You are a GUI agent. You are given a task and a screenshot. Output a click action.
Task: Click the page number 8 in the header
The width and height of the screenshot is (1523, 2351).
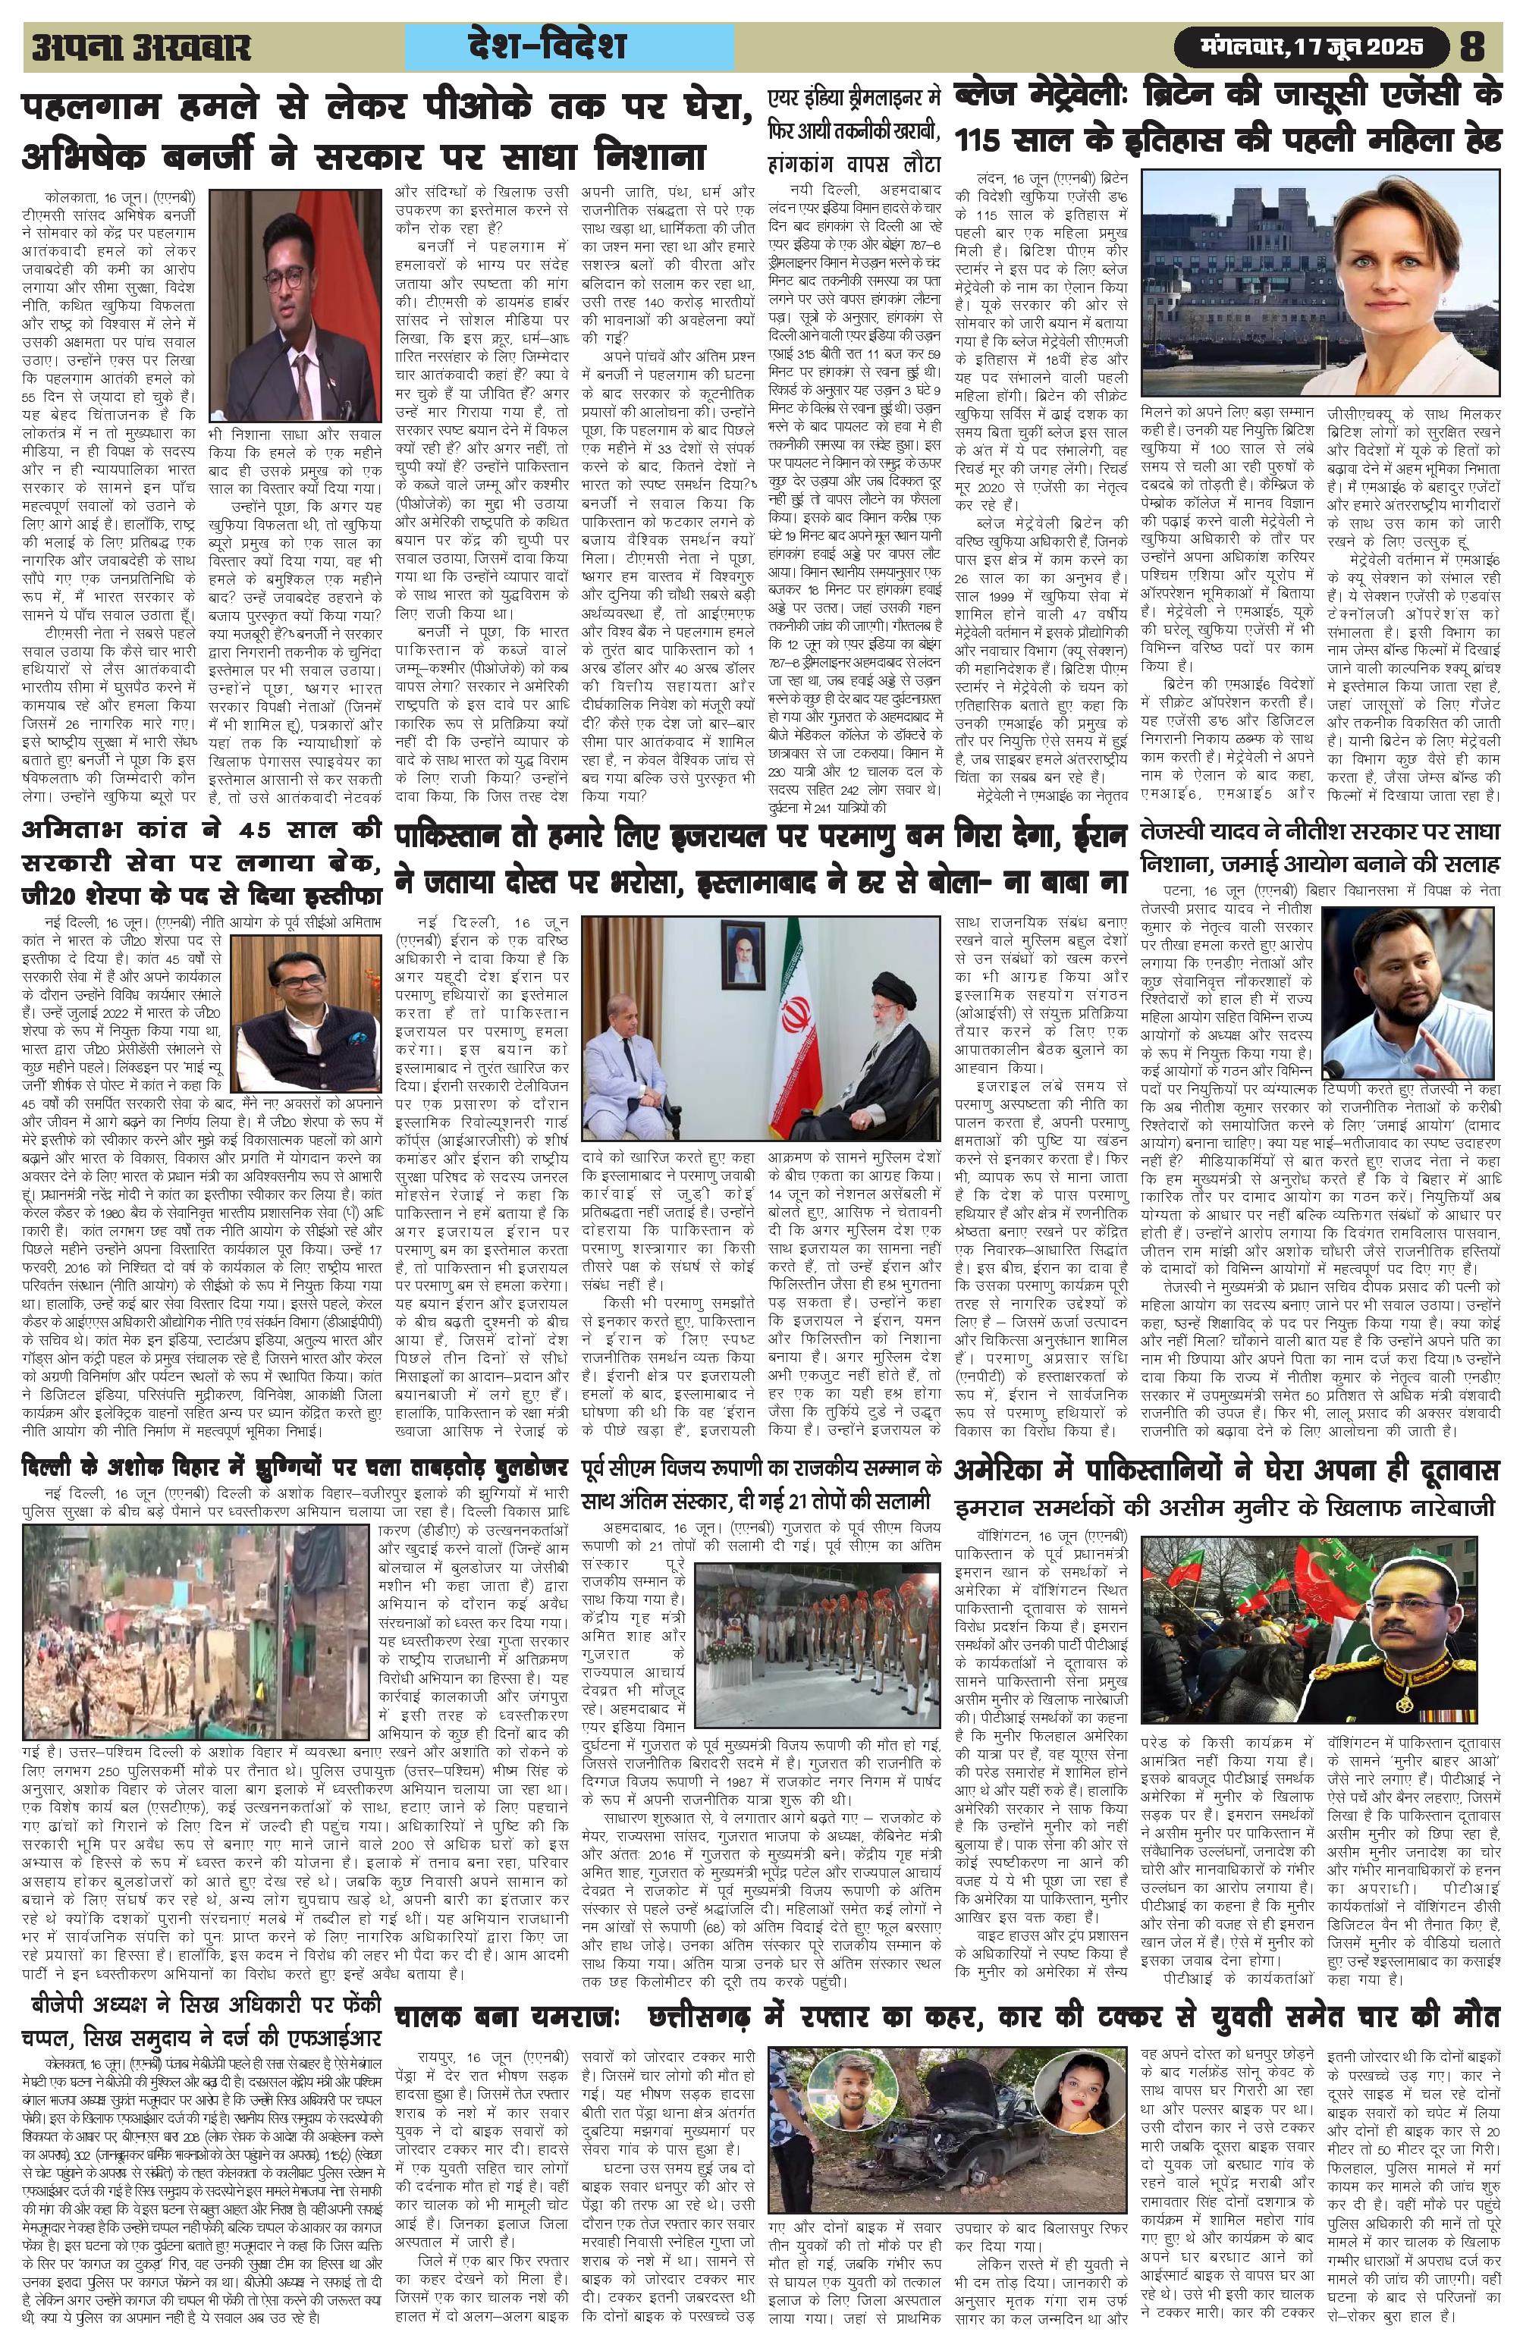[x=1473, y=46]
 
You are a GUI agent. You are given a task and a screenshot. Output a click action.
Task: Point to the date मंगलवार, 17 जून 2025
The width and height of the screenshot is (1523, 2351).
[x=1313, y=46]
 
